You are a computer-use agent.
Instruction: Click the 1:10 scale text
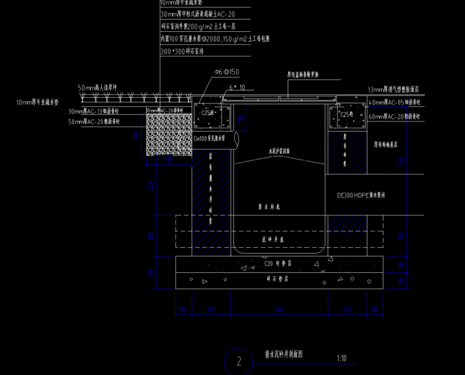coord(342,358)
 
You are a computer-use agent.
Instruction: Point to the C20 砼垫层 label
coord(280,264)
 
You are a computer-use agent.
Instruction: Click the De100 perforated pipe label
coord(209,139)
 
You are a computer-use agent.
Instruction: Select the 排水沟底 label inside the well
coord(269,207)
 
